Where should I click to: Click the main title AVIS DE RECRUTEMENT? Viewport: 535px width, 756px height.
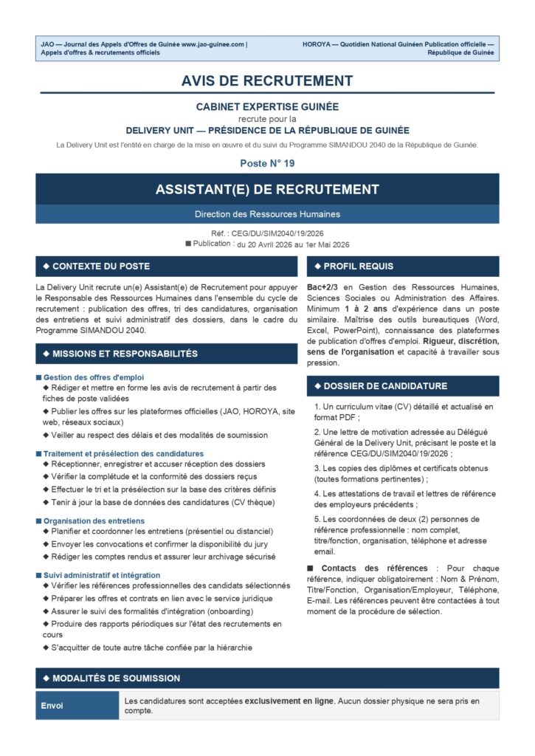coord(267,80)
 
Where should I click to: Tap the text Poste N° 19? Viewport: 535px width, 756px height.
coord(267,162)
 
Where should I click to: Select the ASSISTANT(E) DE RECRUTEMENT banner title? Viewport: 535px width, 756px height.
coord(267,190)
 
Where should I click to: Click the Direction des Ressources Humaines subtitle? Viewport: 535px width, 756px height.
coord(267,214)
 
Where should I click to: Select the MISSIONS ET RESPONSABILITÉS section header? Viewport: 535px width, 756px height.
coord(125,354)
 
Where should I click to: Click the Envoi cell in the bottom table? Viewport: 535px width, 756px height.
coord(52,706)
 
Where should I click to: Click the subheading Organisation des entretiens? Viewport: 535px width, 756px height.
coord(94,520)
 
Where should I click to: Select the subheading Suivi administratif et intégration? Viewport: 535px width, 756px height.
coord(102,574)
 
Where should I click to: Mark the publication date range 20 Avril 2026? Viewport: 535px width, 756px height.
coord(293,244)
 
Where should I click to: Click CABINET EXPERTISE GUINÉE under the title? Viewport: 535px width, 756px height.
coord(267,106)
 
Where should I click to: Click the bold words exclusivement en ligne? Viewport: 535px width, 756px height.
coord(289,700)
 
